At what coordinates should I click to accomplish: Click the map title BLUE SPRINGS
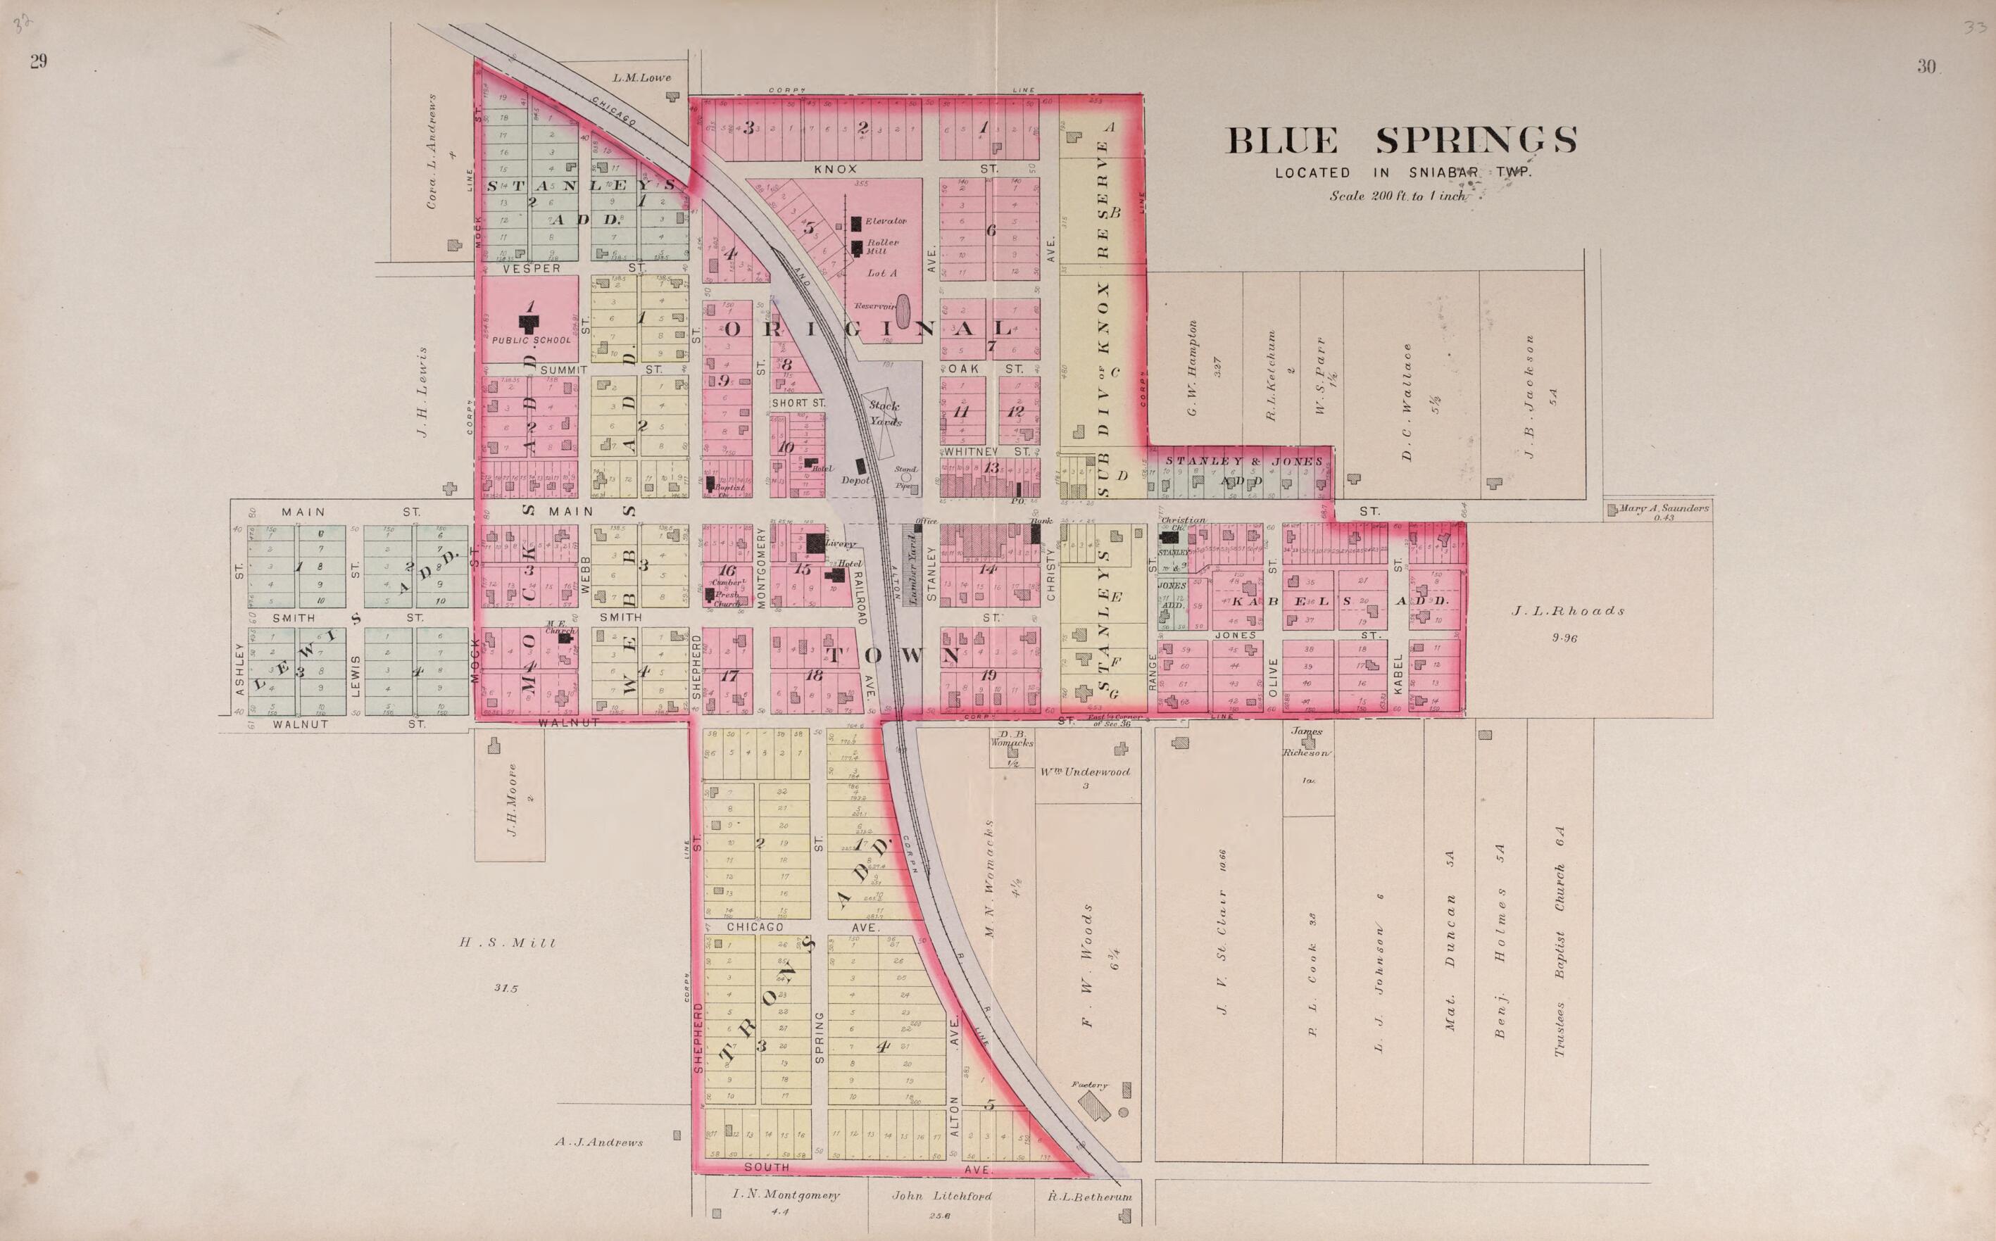1401,140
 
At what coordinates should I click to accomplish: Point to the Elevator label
885,221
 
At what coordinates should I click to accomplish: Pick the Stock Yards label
885,414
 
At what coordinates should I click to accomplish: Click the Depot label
855,480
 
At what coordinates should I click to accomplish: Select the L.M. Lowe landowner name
642,78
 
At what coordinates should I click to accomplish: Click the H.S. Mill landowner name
507,943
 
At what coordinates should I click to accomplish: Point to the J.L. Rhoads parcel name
1568,611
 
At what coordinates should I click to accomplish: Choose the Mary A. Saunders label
1664,508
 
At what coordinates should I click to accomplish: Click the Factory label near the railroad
1089,1085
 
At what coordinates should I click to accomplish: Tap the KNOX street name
836,169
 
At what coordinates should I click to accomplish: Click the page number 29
38,61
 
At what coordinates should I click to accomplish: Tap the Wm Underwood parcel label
1085,771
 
